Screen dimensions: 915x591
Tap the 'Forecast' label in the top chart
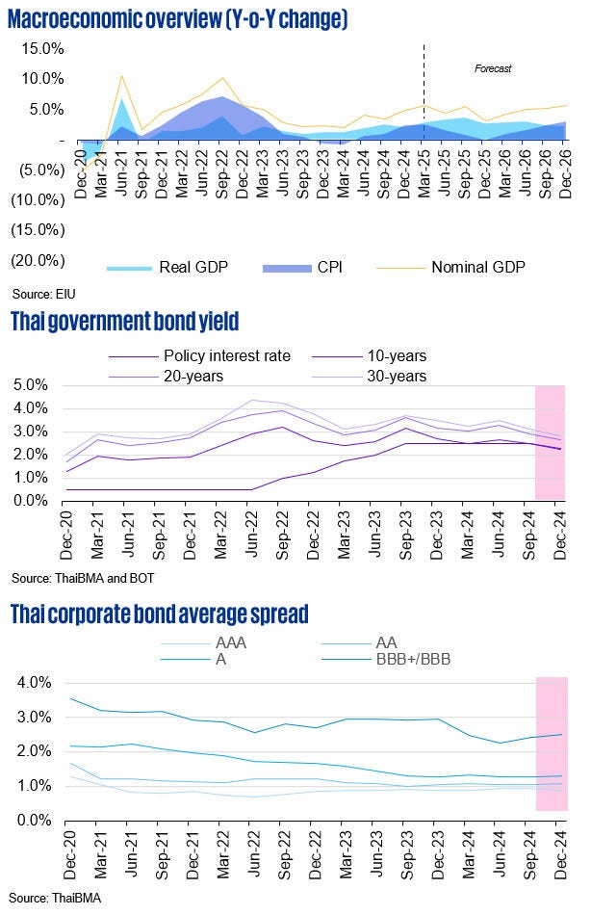[492, 68]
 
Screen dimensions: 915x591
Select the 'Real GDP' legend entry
[167, 267]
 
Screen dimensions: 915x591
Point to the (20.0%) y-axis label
[38, 260]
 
